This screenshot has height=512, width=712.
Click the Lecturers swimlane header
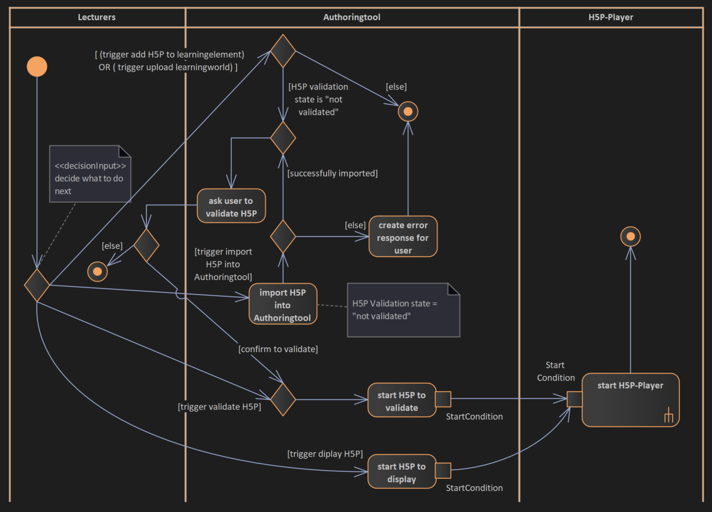[97, 17]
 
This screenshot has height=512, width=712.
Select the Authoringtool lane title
[352, 17]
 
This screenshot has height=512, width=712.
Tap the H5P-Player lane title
[610, 17]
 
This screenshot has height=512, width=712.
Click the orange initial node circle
[37, 67]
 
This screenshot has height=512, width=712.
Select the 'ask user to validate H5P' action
[231, 206]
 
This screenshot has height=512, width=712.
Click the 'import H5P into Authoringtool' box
[283, 305]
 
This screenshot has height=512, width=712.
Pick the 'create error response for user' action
[403, 237]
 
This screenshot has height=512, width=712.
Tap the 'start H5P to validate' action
[402, 401]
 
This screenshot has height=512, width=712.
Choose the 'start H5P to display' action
[402, 472]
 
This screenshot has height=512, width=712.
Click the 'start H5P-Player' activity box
[630, 399]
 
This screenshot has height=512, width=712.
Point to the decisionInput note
[90, 174]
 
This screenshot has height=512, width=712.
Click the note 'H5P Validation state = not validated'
[403, 310]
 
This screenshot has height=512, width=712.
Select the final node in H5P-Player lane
[630, 236]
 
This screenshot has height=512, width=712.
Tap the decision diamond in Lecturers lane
[37, 285]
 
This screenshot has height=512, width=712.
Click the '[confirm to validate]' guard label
[278, 349]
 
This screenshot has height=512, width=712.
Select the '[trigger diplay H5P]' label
[324, 454]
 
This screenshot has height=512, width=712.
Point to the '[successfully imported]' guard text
[332, 173]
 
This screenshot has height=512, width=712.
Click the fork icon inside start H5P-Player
[669, 417]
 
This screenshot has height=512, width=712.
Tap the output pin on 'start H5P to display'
[443, 471]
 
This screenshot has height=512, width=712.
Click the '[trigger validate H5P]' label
[219, 407]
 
